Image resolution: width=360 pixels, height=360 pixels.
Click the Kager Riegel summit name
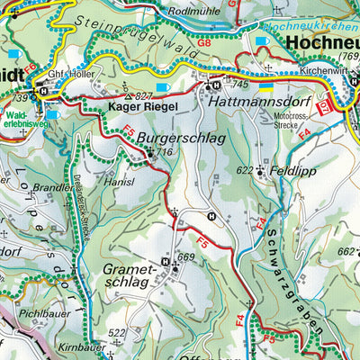[x=139, y=107]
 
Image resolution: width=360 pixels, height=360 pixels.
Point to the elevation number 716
[x=163, y=154]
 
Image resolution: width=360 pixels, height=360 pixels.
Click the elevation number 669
[x=185, y=258]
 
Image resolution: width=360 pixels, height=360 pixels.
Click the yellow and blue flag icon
[x=266, y=87]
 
